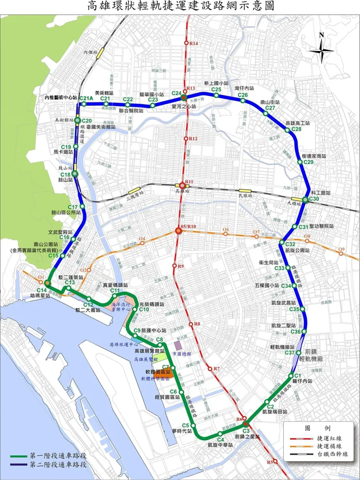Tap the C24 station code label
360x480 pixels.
pyautogui.click(x=176, y=93)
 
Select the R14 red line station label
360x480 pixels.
pyautogui.click(x=194, y=44)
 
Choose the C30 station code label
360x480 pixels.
pyautogui.click(x=315, y=199)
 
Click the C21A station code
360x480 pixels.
pyautogui.click(x=85, y=99)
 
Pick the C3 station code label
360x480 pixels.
pyautogui.click(x=246, y=431)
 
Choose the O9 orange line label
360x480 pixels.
pyautogui.click(x=341, y=249)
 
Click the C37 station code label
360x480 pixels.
pyautogui.click(x=290, y=353)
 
